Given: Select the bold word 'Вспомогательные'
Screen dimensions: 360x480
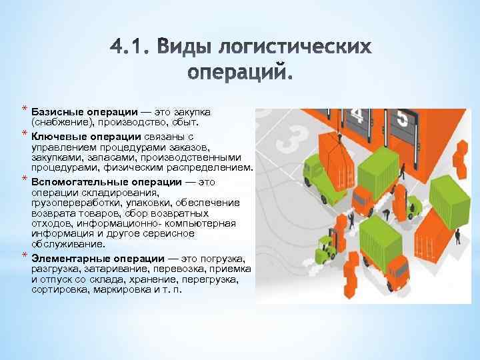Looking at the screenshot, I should pyautogui.click(x=75, y=181).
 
